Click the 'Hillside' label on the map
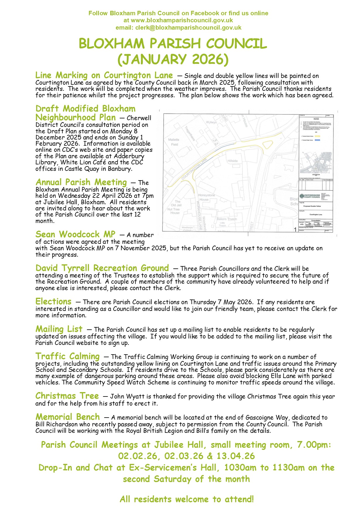click(x=233, y=161)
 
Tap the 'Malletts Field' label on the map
click(x=174, y=142)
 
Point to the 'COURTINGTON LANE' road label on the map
click(x=194, y=169)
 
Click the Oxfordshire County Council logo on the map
click(x=310, y=196)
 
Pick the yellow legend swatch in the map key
click(x=317, y=136)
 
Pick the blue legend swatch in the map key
click(x=317, y=140)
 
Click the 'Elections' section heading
click(x=53, y=301)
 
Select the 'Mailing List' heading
click(x=59, y=329)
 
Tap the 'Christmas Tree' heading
click(x=67, y=396)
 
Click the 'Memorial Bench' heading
click(x=68, y=417)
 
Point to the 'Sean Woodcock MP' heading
click(x=75, y=234)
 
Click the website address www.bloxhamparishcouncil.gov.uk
click(x=182, y=20)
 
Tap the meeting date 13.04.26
click(x=236, y=456)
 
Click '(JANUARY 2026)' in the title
click(x=173, y=59)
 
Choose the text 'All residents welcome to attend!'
click(x=186, y=499)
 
